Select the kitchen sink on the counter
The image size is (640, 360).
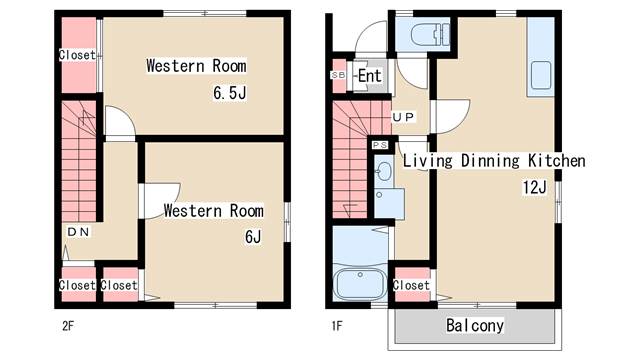click(540, 76)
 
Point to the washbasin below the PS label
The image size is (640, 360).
click(383, 170)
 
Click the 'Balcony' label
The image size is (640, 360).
click(475, 325)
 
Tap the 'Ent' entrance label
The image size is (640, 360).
click(370, 76)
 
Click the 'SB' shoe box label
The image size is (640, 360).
click(338, 75)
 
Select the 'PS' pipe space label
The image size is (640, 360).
click(380, 145)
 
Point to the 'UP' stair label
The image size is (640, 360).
click(403, 118)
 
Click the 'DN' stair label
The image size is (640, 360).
click(78, 232)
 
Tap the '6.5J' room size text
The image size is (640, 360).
click(230, 93)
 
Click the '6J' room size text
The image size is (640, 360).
click(253, 237)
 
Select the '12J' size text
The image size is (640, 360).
click(535, 187)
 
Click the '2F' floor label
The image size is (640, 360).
click(68, 326)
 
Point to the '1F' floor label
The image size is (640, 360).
click(337, 326)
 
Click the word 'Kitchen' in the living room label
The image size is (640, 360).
click(557, 160)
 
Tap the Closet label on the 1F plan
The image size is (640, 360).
click(411, 285)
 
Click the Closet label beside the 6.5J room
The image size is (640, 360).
click(77, 55)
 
